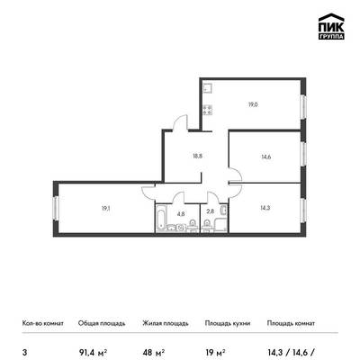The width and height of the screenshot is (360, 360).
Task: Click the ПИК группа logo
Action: [331, 27]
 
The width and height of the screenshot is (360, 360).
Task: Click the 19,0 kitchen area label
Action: [253, 104]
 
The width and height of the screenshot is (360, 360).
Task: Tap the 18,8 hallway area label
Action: [198, 156]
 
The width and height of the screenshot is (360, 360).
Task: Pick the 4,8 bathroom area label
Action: [181, 214]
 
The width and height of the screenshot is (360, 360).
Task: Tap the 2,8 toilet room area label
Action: [211, 211]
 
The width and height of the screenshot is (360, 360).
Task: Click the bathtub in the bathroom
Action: [160, 218]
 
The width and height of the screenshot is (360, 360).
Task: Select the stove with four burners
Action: [208, 110]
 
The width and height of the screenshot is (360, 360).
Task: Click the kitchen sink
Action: [208, 88]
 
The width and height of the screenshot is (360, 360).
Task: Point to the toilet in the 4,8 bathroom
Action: [193, 225]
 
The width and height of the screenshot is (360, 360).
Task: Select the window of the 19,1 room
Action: [56, 208]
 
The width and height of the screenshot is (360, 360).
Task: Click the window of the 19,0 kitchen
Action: [303, 107]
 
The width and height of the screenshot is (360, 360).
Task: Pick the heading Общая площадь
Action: [102, 323]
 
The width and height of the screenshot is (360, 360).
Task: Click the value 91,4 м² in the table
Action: [93, 352]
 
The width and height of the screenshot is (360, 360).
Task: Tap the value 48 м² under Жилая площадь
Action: [153, 352]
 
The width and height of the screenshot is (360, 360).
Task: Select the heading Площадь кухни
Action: [228, 323]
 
